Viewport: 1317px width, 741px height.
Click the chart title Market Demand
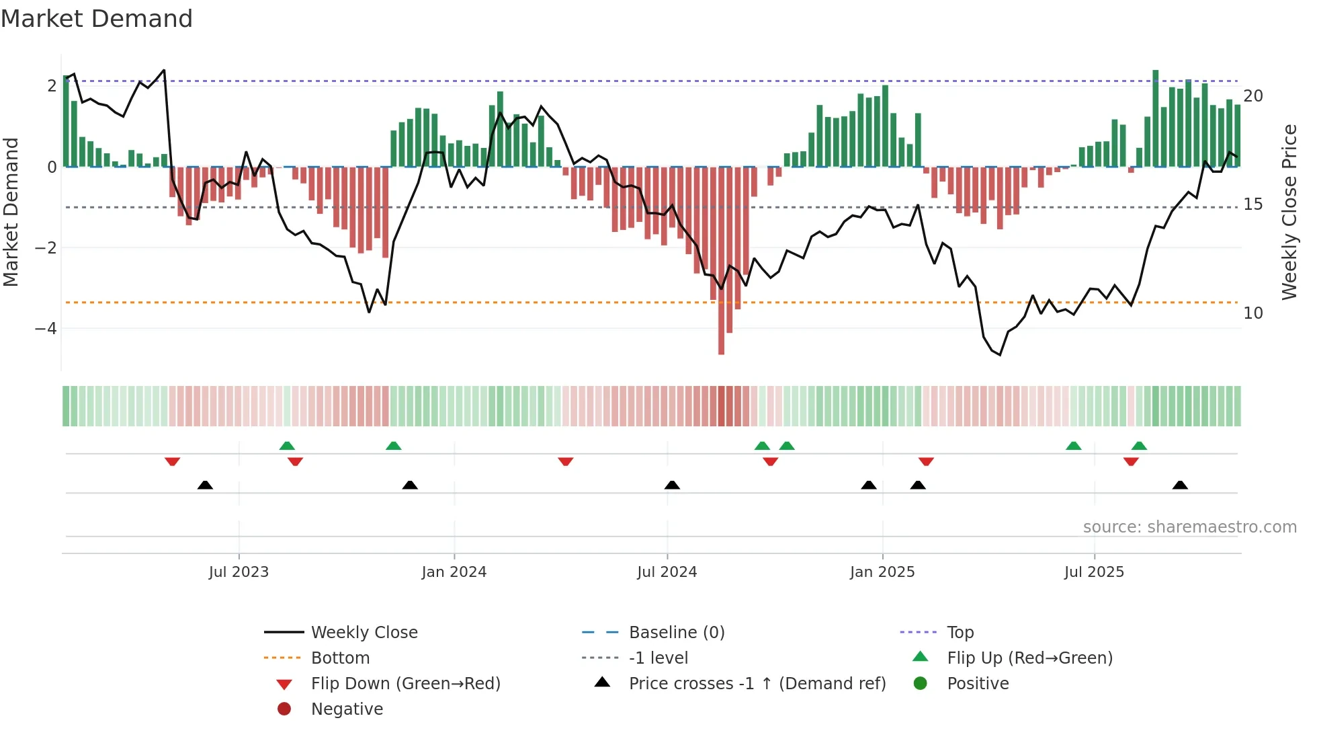tap(97, 19)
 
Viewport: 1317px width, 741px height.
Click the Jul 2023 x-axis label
tap(239, 572)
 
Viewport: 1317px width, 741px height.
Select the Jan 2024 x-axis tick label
tap(454, 572)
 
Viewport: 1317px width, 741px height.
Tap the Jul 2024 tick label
tap(667, 572)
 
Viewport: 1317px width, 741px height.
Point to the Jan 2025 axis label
tap(882, 572)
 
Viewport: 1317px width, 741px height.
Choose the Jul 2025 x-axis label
tap(1094, 572)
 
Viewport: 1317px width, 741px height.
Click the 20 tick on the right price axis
tap(1253, 96)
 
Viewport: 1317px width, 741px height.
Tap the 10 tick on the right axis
tap(1253, 313)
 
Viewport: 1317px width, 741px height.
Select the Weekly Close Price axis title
tap(1289, 212)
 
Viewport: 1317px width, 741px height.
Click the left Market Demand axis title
tap(11, 212)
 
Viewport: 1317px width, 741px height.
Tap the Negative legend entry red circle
tap(284, 709)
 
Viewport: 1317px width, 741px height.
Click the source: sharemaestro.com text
tap(1189, 527)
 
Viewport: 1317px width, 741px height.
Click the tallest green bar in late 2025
tap(1155, 118)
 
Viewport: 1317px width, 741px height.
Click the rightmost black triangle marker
tap(1180, 485)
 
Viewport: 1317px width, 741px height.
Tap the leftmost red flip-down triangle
tap(172, 461)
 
